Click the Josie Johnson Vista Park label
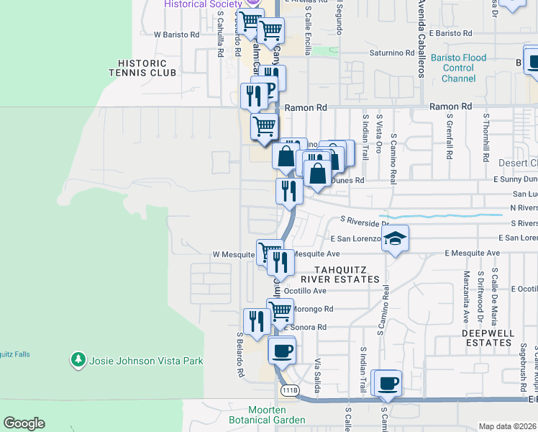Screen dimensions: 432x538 click(x=145, y=361)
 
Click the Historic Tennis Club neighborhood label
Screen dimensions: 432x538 click(x=142, y=68)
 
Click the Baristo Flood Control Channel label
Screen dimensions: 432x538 click(x=459, y=68)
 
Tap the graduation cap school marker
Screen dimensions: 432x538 click(x=395, y=239)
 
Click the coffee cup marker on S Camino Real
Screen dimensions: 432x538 click(x=388, y=384)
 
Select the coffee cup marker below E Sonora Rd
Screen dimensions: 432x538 click(x=282, y=351)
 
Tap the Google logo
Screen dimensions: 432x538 click(x=24, y=423)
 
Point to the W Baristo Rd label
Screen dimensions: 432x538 click(x=176, y=34)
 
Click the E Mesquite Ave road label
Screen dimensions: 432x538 click(x=472, y=253)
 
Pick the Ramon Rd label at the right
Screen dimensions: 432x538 click(x=450, y=107)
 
